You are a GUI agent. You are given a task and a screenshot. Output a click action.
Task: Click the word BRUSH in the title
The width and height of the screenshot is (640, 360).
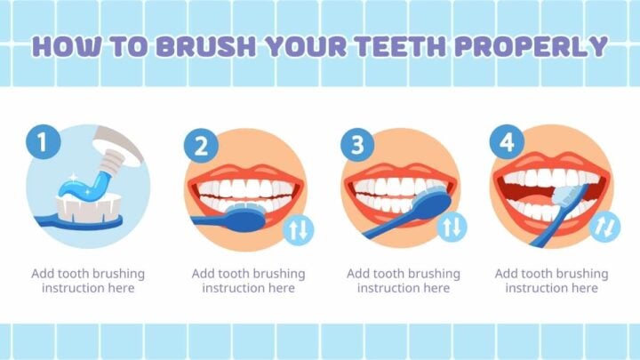[198, 46]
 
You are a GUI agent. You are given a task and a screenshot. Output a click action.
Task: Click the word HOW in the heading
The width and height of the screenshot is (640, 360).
[64, 46]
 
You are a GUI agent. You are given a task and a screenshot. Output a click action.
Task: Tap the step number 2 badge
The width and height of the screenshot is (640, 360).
[200, 146]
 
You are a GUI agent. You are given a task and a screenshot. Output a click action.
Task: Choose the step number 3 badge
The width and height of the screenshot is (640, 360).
[356, 146]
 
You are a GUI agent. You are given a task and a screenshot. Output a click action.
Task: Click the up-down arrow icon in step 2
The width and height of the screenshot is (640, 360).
[298, 231]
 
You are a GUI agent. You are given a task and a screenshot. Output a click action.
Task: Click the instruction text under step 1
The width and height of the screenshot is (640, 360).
[88, 281]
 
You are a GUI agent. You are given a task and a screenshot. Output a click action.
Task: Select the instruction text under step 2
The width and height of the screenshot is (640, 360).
[248, 281]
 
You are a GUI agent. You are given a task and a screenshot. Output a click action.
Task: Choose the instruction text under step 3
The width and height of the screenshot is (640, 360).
[403, 281]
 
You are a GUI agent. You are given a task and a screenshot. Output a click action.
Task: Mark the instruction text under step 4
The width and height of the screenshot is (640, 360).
[551, 281]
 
